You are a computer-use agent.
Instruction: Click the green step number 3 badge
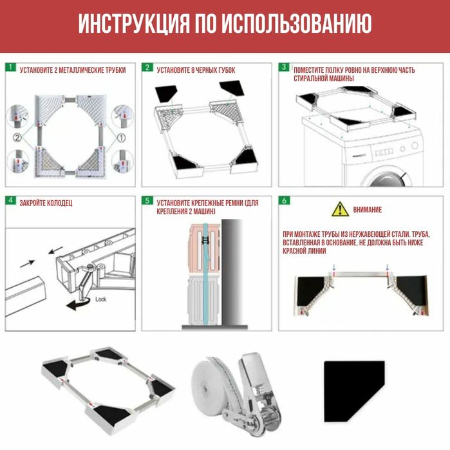click(x=284, y=68)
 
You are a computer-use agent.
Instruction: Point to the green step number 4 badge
click(x=10, y=201)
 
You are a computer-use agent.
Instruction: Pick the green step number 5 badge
click(x=147, y=201)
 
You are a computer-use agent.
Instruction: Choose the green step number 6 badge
click(x=284, y=201)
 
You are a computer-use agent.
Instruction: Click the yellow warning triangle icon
click(x=339, y=209)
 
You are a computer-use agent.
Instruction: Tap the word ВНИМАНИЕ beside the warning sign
click(x=368, y=210)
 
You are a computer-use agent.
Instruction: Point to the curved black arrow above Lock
click(x=79, y=303)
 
